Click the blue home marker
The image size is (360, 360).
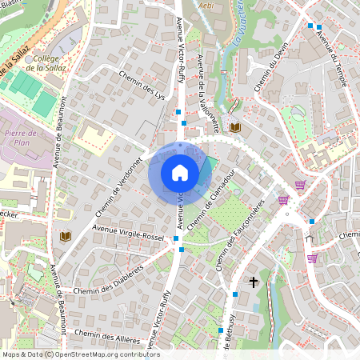(x=180, y=172)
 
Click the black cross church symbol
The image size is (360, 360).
(x=254, y=282)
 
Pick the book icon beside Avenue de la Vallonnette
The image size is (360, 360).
(x=234, y=127)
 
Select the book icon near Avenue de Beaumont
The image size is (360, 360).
(x=65, y=236)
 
